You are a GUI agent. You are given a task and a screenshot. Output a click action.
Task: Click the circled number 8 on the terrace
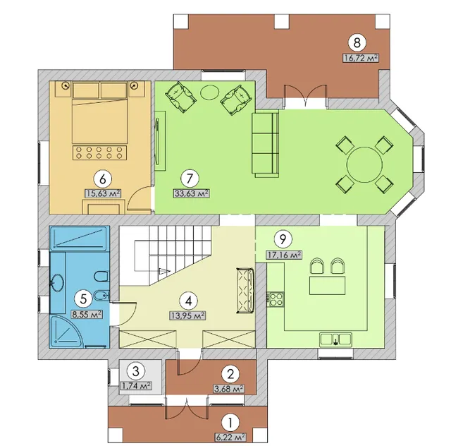pos(357,42)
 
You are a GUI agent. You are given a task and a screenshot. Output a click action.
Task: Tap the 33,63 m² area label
pos(191,193)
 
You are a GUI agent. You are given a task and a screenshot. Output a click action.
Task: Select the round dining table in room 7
pos(364,164)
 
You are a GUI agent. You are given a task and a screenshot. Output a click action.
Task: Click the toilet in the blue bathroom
pos(101,277)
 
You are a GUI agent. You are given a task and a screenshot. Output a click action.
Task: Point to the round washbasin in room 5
pos(58,283)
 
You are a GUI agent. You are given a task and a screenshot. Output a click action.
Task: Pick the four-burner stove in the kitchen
pos(276,299)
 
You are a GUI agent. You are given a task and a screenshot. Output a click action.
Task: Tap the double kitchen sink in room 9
pos(335,339)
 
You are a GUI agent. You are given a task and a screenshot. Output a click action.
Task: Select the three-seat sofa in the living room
pos(265,143)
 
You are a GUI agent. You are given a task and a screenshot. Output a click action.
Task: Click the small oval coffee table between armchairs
pos(210,92)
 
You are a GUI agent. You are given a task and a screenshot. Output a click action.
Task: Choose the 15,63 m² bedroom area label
pos(103,193)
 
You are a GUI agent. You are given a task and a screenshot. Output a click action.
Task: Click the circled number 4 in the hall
pos(189,301)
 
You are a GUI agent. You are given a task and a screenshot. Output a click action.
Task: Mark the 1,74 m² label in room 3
pos(136,385)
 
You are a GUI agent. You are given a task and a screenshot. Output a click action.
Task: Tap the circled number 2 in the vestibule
pos(230,374)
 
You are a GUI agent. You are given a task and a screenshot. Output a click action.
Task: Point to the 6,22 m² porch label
pos(230,438)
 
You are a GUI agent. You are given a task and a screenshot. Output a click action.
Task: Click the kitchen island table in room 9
pos(327,285)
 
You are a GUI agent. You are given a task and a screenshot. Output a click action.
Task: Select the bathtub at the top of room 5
pos(80,238)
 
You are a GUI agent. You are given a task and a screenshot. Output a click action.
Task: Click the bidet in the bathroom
pos(101,295)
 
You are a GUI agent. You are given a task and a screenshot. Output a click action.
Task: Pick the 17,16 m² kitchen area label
pos(284,255)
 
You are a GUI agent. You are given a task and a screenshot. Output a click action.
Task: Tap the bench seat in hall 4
pos(245,291)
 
